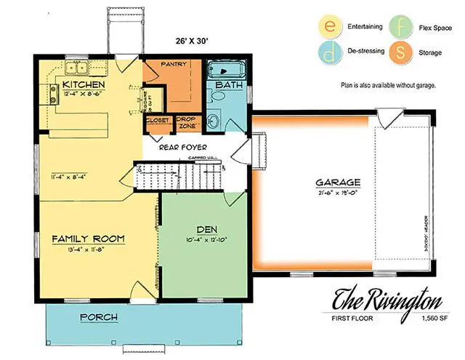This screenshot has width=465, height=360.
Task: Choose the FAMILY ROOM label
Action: tap(89, 239)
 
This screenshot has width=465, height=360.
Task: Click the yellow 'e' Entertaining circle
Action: tap(329, 27)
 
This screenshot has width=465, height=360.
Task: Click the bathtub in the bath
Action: tap(227, 71)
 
